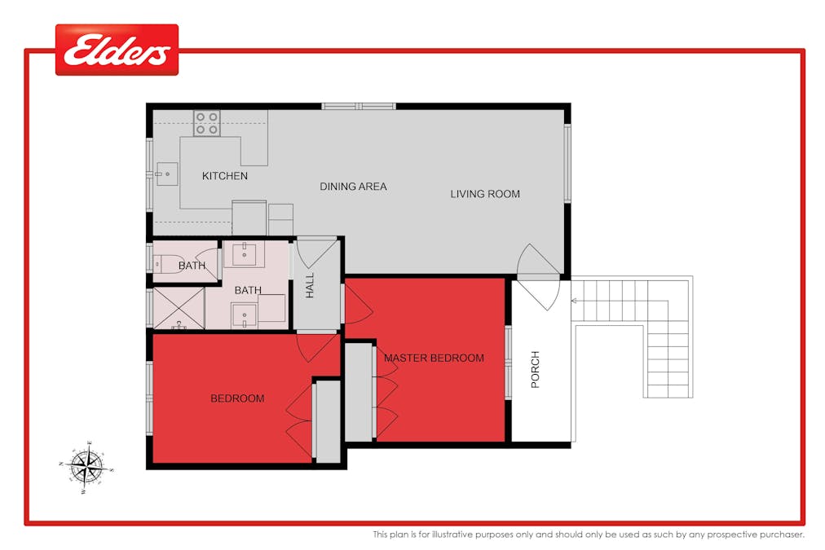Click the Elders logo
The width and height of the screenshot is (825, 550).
[x=117, y=50]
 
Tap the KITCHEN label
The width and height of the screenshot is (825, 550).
[x=225, y=176]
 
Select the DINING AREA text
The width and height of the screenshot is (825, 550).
[x=353, y=187]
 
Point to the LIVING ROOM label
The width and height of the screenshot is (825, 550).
[x=485, y=194]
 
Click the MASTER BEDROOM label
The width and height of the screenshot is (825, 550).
[x=434, y=358]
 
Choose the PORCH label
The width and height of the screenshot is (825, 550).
[x=536, y=369]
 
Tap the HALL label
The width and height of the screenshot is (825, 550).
[x=311, y=286]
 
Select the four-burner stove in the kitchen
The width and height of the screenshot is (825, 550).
[x=206, y=123]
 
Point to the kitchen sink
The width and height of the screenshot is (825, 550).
[x=166, y=173]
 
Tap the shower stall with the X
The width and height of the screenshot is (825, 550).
[x=178, y=308]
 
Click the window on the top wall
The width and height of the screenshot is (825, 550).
[x=358, y=106]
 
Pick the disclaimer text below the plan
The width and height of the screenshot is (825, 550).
[x=589, y=535]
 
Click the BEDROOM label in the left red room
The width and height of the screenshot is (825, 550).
[x=237, y=398]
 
